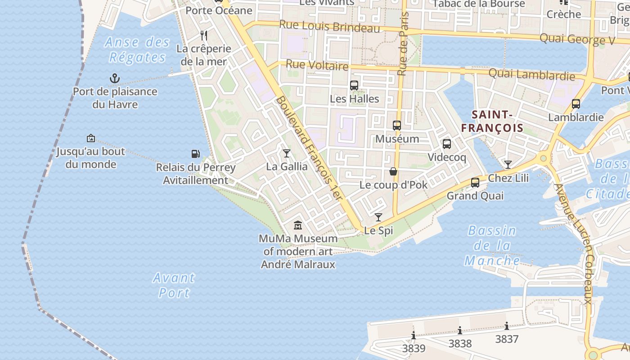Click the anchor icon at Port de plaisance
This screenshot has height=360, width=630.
(115, 79)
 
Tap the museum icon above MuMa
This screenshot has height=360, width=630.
(298, 225)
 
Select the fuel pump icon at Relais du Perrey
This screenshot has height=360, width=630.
(195, 154)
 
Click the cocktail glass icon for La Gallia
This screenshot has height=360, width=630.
(287, 153)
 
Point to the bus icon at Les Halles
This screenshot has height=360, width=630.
(354, 85)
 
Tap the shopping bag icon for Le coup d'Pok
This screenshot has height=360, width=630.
(393, 171)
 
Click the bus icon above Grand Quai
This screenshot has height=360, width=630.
(475, 183)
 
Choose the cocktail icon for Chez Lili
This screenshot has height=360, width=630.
(508, 165)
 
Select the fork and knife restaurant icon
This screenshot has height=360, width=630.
(204, 36)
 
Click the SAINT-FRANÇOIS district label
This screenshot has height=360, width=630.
(492, 121)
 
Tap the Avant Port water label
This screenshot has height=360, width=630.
(174, 285)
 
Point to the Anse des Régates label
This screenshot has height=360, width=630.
(137, 50)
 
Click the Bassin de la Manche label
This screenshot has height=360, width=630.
(492, 246)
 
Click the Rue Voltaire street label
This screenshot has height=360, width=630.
(317, 65)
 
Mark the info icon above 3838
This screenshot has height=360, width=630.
(460, 331)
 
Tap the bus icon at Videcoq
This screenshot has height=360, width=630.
(446, 144)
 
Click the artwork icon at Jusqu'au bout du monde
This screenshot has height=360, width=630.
(91, 138)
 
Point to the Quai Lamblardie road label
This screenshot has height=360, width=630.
(531, 74)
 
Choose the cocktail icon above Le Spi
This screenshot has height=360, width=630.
(378, 217)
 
